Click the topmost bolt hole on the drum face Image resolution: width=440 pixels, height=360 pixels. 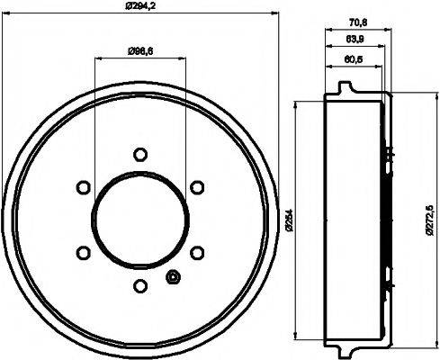[x=139, y=154]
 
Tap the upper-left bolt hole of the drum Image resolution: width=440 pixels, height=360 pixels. [x=82, y=187]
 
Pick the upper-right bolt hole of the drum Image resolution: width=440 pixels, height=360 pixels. [x=195, y=187]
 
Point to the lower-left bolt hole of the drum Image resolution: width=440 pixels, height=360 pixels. [x=82, y=253]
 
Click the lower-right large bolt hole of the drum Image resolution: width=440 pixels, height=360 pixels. [x=195, y=253]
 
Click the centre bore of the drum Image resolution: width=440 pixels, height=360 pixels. [x=139, y=220]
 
